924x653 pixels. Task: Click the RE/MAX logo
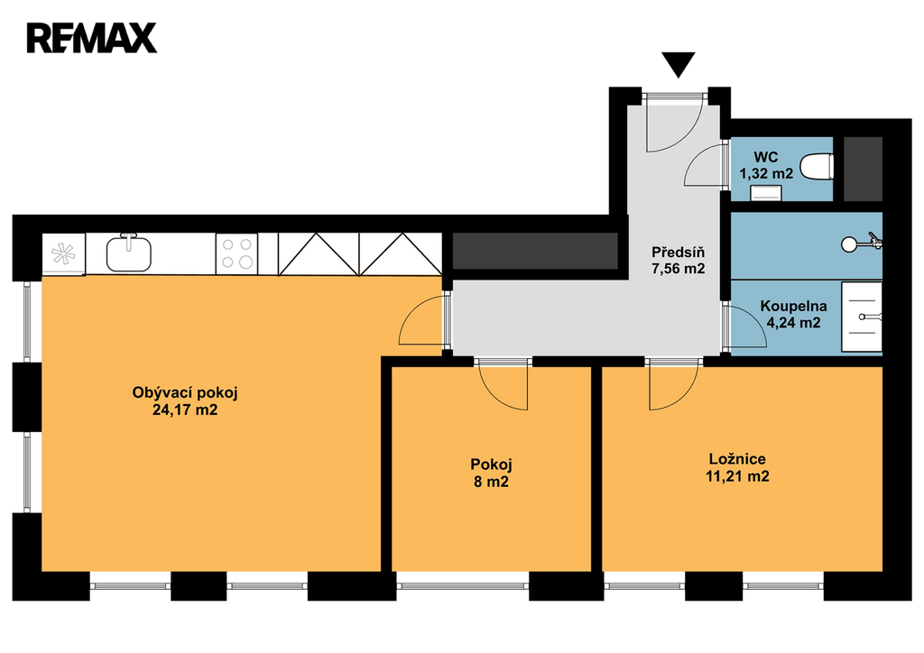point(91,38)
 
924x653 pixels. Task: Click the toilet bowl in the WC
point(818,166)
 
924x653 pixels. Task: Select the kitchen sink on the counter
point(128,253)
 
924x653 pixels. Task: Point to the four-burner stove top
point(237,253)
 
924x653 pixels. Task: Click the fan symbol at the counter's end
point(63,253)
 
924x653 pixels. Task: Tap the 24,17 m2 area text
point(185,409)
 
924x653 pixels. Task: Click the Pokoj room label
point(491,464)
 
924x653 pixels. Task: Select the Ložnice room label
point(737,459)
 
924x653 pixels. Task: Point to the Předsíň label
point(678,252)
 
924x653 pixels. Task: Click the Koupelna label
point(793,306)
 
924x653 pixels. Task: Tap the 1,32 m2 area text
point(766,174)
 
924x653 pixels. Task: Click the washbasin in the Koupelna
point(862,317)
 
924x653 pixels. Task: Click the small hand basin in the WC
point(766,192)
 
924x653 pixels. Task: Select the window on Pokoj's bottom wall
point(463,586)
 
